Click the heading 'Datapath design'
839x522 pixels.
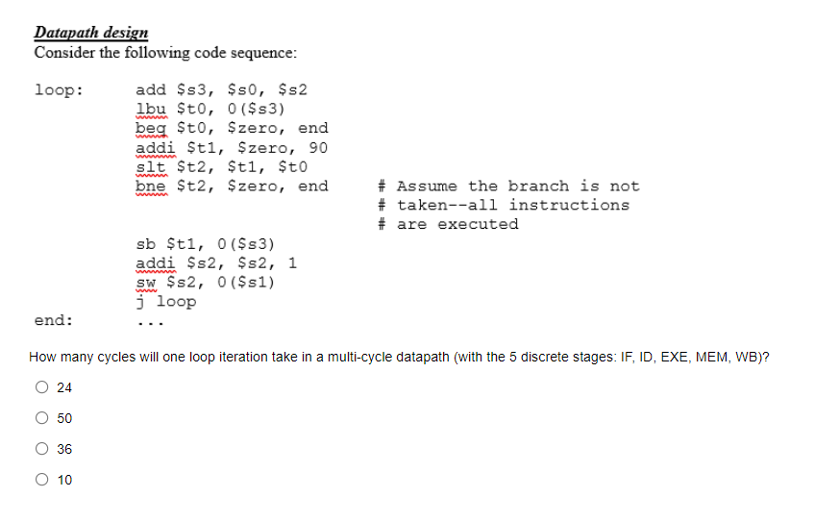tap(91, 33)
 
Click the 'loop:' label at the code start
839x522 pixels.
tap(58, 90)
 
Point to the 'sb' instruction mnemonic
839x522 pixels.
tap(146, 244)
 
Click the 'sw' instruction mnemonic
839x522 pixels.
tap(146, 283)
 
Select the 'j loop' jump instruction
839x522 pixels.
tap(166, 302)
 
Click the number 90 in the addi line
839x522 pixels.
tap(317, 147)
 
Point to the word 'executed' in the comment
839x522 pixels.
tap(478, 224)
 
